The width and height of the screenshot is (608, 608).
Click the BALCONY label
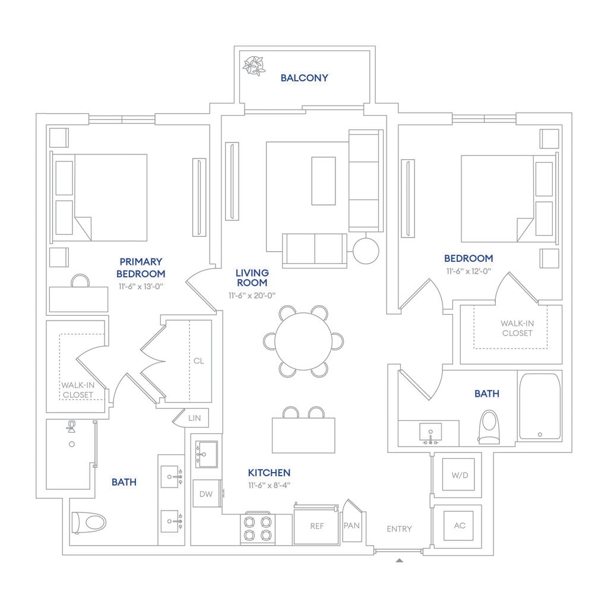click(304, 78)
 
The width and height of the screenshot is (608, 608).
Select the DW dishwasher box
click(206, 493)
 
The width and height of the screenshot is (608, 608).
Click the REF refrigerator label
click(316, 526)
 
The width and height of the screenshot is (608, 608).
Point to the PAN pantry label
click(351, 525)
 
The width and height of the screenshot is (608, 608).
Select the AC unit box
click(459, 526)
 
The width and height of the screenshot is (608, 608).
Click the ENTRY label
click(399, 528)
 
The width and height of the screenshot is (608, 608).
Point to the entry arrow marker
click(400, 559)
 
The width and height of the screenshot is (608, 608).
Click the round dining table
click(303, 341)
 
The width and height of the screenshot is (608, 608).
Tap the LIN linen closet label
click(195, 418)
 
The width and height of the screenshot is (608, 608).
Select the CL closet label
click(199, 360)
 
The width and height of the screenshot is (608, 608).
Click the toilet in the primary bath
click(88, 522)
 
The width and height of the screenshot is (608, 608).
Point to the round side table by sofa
click(366, 251)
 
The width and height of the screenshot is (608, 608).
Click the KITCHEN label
click(269, 473)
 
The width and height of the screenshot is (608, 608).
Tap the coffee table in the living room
click(324, 180)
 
